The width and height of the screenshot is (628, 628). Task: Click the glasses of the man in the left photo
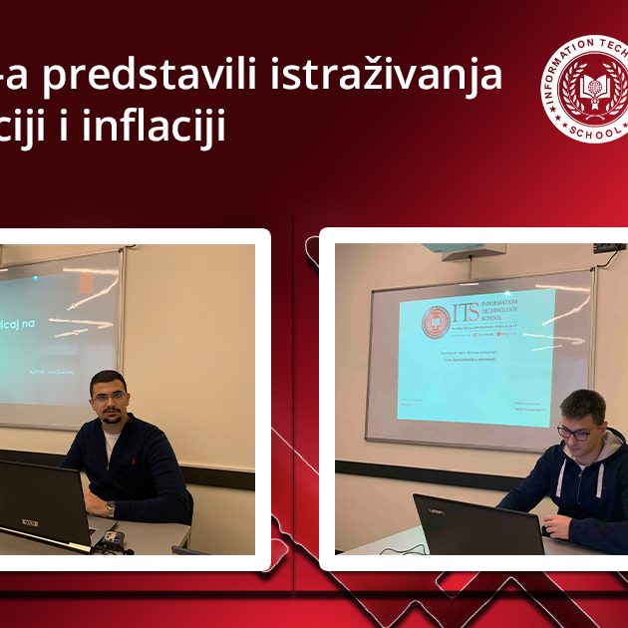point(109,397)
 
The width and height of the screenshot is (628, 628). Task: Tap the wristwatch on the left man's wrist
point(110,508)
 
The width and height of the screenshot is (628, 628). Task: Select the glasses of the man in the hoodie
point(577,433)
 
